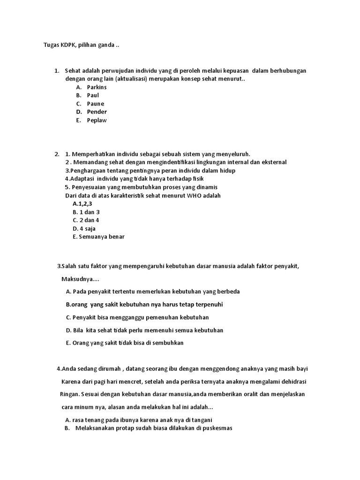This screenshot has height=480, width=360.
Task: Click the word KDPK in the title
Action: (x=62, y=45)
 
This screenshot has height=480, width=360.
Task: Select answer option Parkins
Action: (x=97, y=87)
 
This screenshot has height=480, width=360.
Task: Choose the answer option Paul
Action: (x=93, y=95)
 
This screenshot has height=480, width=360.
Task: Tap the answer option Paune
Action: (x=96, y=104)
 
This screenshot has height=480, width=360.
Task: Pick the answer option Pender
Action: (x=97, y=112)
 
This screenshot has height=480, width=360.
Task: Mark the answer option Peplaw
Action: (x=97, y=120)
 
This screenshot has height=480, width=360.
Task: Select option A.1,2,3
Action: (x=83, y=204)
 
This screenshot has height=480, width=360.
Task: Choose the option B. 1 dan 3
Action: (x=86, y=212)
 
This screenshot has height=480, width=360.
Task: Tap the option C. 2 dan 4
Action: (x=86, y=220)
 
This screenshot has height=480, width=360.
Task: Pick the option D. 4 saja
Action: (x=84, y=228)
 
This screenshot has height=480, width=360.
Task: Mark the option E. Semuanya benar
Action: (x=98, y=237)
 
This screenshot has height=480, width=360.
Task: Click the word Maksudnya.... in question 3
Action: (x=80, y=279)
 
